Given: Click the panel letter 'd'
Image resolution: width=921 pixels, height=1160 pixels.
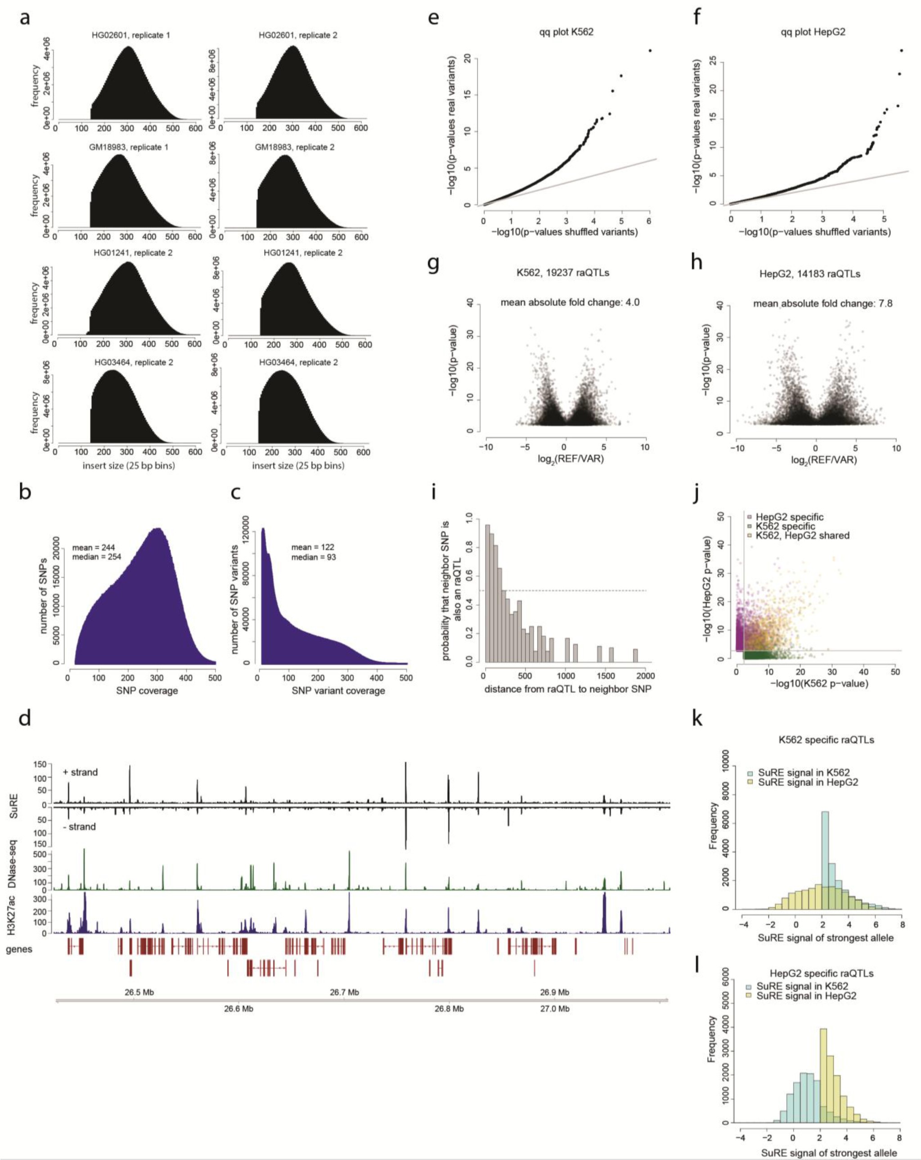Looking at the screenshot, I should click(24, 719).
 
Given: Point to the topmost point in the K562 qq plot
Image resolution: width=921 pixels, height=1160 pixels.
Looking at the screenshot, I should click(650, 50).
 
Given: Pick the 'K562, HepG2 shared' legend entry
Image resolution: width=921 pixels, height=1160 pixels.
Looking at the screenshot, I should click(802, 535).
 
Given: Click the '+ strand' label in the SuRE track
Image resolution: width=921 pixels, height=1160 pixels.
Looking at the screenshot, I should click(80, 772).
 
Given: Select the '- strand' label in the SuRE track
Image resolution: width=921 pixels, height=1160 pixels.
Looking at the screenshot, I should click(79, 827).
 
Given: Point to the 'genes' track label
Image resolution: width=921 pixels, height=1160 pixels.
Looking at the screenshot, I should click(19, 949).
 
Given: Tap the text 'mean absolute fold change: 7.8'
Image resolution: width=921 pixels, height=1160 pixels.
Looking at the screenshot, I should click(822, 303).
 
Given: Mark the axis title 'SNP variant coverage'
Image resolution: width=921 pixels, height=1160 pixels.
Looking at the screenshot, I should click(338, 690).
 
